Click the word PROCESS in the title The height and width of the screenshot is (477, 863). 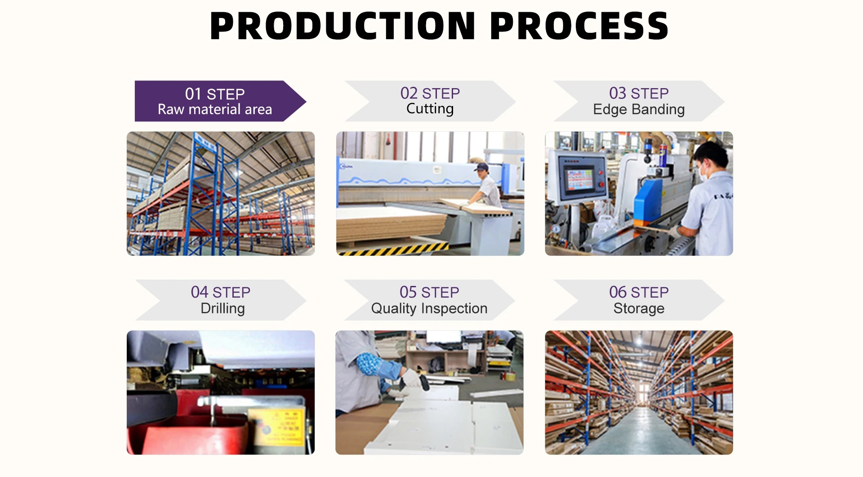[579, 26]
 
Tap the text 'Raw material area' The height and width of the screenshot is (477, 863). [215, 109]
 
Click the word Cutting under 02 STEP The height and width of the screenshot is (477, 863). [430, 109]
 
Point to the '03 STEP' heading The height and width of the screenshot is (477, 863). [639, 93]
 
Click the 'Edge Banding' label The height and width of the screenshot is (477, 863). [639, 109]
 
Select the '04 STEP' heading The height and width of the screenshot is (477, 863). [220, 292]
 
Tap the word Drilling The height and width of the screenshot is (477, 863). [222, 308]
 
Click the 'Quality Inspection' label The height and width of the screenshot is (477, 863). [429, 308]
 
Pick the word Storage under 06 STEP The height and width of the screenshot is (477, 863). [639, 308]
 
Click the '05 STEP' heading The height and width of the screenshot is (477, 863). [429, 292]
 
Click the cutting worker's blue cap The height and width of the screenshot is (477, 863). [482, 167]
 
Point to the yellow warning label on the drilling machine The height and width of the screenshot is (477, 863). [283, 423]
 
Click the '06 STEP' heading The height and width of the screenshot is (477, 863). [639, 292]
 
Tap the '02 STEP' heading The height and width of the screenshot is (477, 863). [430, 93]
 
